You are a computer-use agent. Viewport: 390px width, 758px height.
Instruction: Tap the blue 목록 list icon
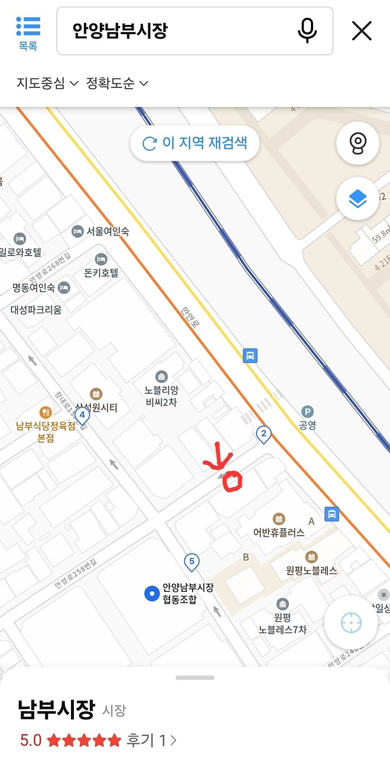[28, 28]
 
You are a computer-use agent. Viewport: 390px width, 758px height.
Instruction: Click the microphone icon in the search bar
[307, 31]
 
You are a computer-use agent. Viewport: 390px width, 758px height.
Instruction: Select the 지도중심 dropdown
[47, 83]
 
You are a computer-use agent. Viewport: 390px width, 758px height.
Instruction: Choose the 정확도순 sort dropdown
[117, 83]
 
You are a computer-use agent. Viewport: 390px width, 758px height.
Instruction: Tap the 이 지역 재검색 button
[195, 143]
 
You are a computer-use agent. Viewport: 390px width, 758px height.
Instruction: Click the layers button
[357, 199]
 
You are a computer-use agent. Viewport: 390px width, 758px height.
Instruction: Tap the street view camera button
[357, 143]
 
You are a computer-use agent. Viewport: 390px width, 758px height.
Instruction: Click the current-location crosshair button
[350, 623]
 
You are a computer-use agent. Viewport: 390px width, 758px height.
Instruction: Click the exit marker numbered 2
[264, 435]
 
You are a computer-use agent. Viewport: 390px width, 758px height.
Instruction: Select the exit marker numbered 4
[82, 415]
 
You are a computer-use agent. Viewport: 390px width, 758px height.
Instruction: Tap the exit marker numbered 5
[191, 561]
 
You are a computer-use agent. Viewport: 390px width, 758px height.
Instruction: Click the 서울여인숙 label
[108, 231]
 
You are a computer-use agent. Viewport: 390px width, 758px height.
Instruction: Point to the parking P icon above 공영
[307, 412]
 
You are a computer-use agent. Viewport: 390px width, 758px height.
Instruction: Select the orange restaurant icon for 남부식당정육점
[45, 412]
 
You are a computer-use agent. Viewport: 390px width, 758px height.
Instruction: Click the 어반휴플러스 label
[279, 532]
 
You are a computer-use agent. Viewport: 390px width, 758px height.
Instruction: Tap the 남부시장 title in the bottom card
[56, 709]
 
